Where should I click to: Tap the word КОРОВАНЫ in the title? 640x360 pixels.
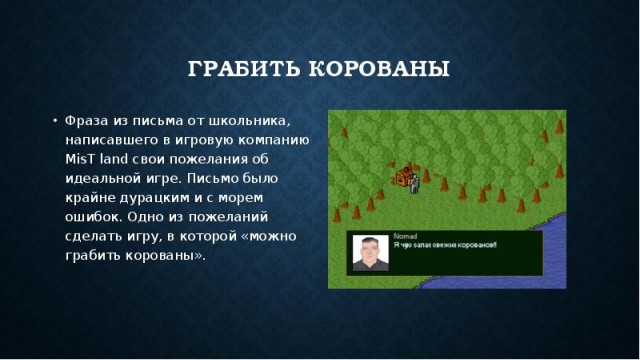(x=384, y=70)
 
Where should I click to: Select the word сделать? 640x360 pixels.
(x=92, y=236)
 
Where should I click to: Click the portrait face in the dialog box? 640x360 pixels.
(x=368, y=253)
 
